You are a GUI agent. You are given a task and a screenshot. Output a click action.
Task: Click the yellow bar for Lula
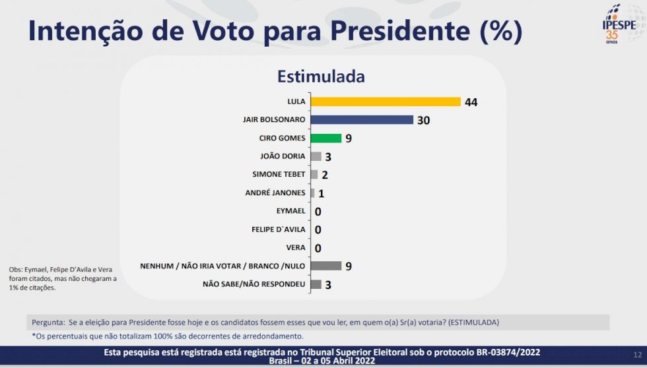[x=385, y=102]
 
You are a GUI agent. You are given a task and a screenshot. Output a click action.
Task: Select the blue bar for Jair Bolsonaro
[x=361, y=120]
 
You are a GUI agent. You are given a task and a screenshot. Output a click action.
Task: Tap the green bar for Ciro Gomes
[x=325, y=138]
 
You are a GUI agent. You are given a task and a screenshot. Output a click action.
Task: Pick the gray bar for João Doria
[x=316, y=156]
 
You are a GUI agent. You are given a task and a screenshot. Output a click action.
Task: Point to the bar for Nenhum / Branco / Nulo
[x=325, y=266]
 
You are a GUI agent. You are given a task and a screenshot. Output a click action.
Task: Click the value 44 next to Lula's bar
[x=471, y=102]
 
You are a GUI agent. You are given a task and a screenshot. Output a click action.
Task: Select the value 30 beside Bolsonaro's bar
[x=423, y=121]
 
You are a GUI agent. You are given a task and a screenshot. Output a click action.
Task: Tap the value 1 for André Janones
[x=321, y=193]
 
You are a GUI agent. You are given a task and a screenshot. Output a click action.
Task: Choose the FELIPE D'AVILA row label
[x=278, y=230]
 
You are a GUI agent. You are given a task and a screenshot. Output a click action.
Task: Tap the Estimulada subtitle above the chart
[x=321, y=76]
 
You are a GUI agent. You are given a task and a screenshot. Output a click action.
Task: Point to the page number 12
[x=637, y=355]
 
